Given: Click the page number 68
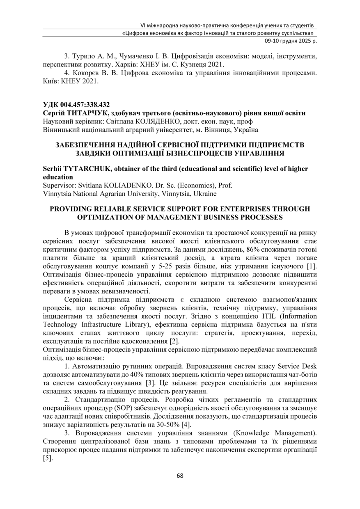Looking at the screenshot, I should pyautogui.click(x=180, y=476).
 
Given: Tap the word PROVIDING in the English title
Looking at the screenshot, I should pyautogui.click(x=70, y=209).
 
